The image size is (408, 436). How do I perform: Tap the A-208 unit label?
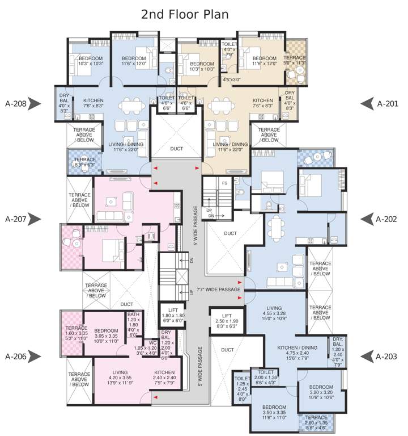click(16, 104)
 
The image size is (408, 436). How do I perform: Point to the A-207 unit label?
click(16, 219)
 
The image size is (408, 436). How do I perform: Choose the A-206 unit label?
click(16, 357)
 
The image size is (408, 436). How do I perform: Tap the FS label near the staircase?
click(224, 183)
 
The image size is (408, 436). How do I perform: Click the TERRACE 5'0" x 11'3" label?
click(295, 61)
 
